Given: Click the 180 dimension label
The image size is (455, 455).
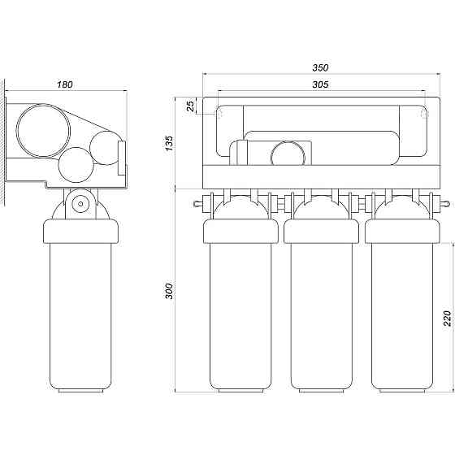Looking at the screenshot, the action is click(x=64, y=84).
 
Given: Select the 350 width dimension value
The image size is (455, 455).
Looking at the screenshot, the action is click(x=320, y=67).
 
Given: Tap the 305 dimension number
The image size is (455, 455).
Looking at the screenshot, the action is click(x=320, y=84).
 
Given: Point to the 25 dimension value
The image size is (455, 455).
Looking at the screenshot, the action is click(x=190, y=106).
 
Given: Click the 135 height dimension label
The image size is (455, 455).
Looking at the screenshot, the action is click(x=169, y=143).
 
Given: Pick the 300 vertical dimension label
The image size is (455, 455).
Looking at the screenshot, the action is click(x=169, y=291).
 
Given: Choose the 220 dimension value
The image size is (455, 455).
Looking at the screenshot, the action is click(x=448, y=318).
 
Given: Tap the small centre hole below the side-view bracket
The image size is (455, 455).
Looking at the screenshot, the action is click(x=80, y=204).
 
